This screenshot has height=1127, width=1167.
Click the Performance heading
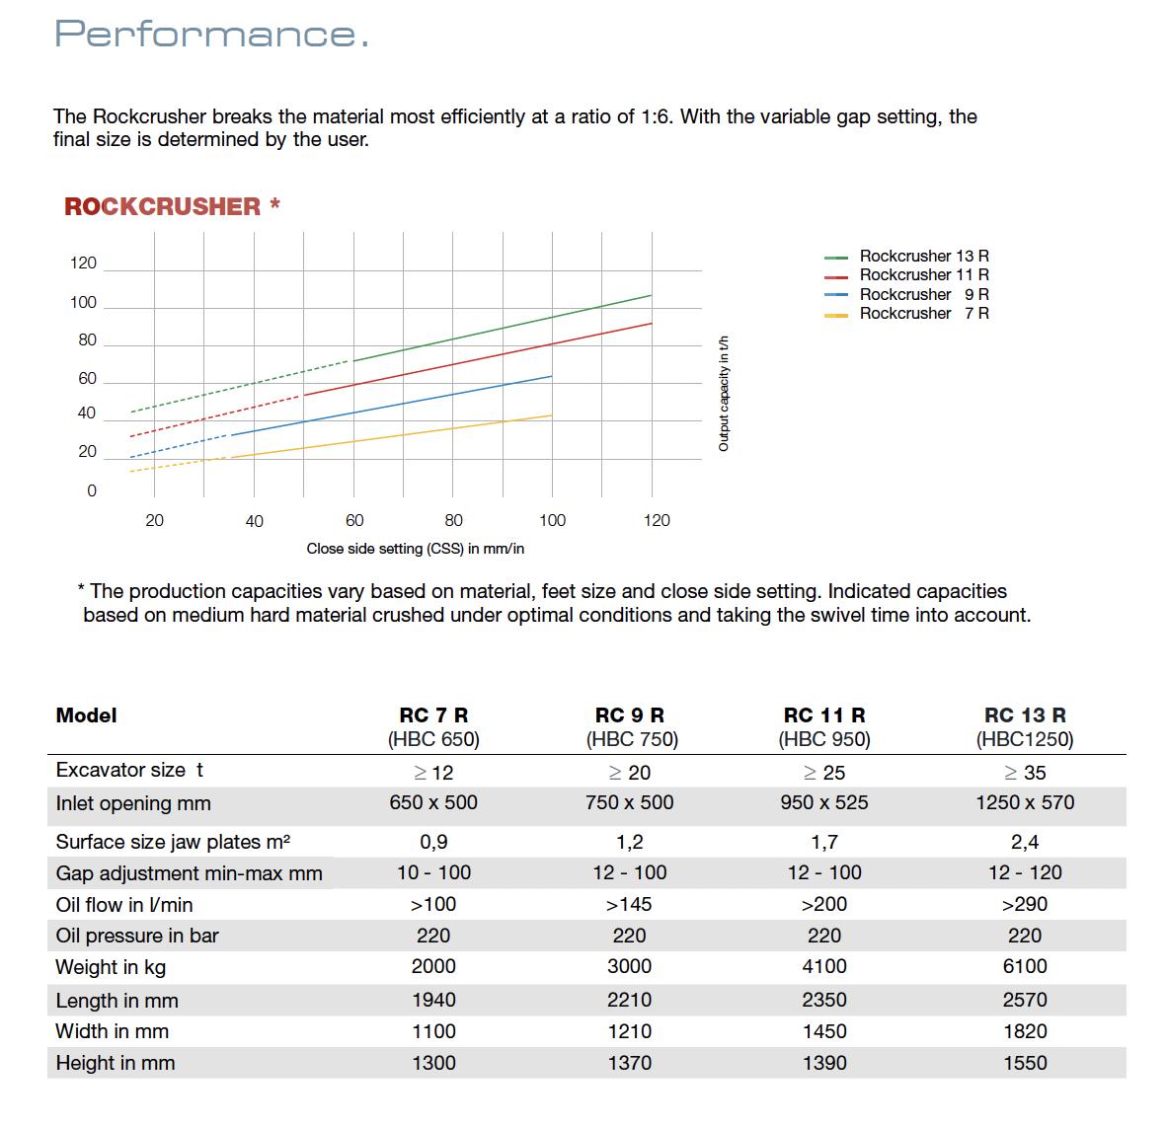tap(212, 34)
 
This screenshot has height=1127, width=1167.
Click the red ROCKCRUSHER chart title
tap(163, 206)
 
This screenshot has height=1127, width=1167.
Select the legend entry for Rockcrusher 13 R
tap(923, 256)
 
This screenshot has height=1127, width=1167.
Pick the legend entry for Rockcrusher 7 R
tap(923, 314)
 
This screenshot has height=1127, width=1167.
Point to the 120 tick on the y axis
tap(84, 263)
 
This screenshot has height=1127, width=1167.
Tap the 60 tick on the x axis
tap(354, 520)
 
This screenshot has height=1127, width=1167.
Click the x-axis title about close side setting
tap(415, 549)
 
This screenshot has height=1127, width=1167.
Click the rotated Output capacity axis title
tap(724, 394)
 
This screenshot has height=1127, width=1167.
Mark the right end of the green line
tap(651, 295)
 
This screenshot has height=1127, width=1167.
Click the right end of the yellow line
tap(551, 415)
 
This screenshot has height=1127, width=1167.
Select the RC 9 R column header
tap(630, 715)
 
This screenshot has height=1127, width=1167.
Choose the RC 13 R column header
tap(1025, 715)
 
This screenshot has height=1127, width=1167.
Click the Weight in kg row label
tap(111, 967)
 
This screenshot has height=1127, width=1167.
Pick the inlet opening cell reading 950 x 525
tap(824, 803)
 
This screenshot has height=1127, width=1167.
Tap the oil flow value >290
tap(1025, 904)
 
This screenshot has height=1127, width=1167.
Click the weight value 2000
tap(433, 967)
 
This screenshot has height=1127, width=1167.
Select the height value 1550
tap(1025, 1063)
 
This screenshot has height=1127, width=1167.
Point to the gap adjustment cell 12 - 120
tap(1025, 872)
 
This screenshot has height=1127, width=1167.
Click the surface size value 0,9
tap(433, 842)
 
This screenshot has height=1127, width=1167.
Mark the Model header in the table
tap(87, 715)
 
